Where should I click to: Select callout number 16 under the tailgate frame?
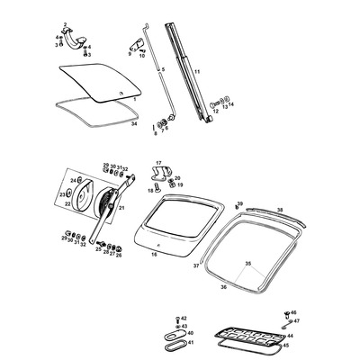pos(154,255)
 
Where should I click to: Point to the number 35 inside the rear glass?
pos(248,264)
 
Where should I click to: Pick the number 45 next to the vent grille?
pos(287,345)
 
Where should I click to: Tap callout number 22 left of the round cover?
pos(67,203)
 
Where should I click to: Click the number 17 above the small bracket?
pos(158,163)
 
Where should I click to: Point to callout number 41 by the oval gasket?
pos(189,343)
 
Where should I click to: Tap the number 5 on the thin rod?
pos(163,69)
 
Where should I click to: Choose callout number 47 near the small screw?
pos(296,321)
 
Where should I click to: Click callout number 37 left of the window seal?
pos(196,266)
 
